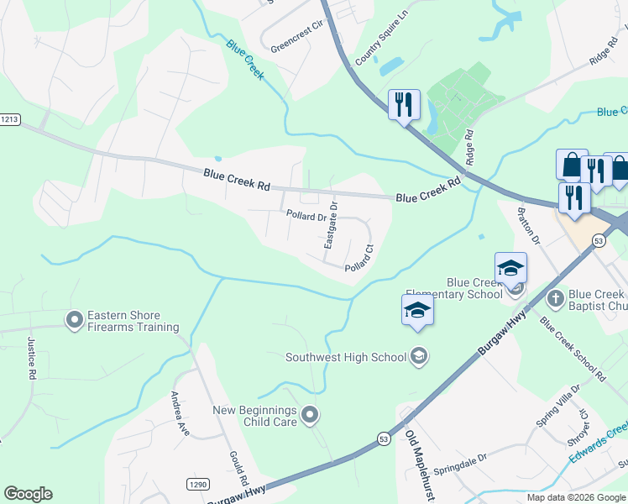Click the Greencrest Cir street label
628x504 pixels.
[x=295, y=38]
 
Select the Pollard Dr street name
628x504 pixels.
[x=306, y=216]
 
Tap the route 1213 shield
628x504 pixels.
[x=9, y=119]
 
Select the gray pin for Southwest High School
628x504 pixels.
[x=418, y=357]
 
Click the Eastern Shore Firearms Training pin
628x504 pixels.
[x=75, y=320]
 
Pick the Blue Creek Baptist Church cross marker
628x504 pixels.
[x=555, y=298]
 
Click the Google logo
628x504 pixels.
[x=28, y=494]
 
